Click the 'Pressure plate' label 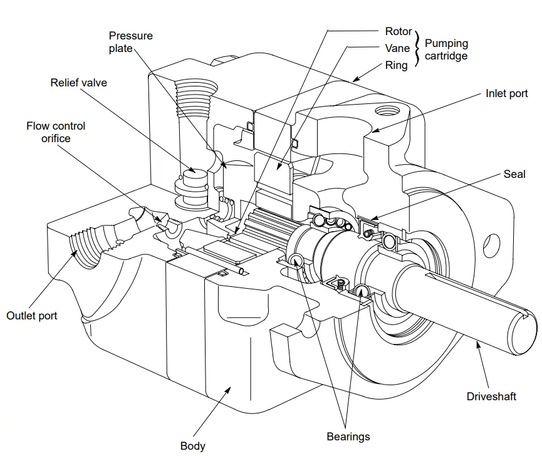(130, 42)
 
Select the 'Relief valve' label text (78, 83)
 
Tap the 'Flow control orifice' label (56, 132)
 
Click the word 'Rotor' (399, 31)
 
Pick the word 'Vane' (397, 48)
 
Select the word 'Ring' (396, 65)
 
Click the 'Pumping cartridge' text (446, 49)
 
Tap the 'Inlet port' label (506, 93)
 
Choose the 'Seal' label (514, 174)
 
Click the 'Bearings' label (348, 437)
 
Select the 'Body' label (192, 446)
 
